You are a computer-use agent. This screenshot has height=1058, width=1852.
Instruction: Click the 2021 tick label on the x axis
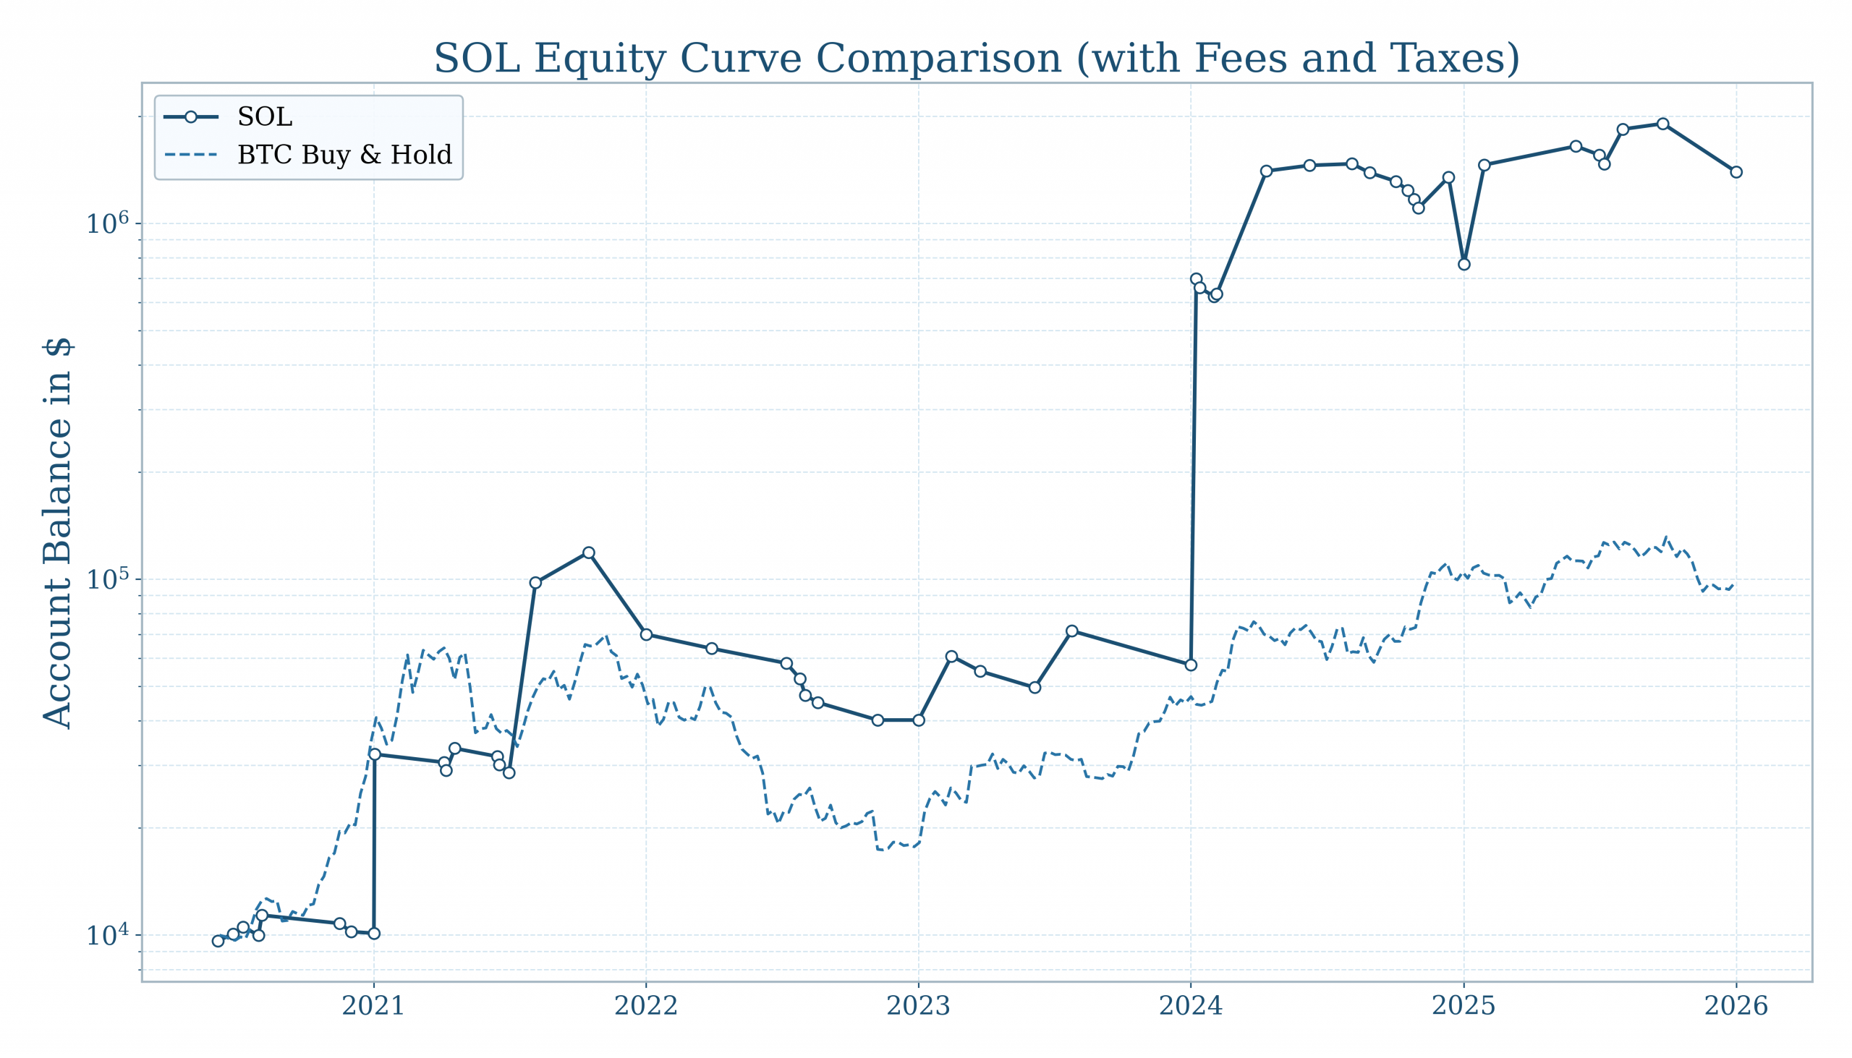(x=373, y=1007)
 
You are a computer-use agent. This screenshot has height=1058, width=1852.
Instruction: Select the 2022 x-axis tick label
(x=645, y=1007)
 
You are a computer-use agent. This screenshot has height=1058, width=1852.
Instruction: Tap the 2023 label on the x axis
(x=918, y=1007)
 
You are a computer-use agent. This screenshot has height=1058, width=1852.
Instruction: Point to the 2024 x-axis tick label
(x=1191, y=1007)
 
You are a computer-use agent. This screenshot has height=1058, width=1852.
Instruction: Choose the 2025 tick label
(x=1463, y=1007)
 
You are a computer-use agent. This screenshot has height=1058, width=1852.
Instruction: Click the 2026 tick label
(x=1736, y=1007)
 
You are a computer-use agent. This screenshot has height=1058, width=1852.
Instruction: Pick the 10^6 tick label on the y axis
(x=108, y=222)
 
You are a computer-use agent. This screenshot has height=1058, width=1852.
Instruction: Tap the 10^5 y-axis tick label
(x=108, y=579)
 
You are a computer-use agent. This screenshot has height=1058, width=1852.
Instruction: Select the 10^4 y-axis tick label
(x=108, y=934)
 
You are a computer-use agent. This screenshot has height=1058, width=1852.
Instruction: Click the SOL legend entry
(x=265, y=117)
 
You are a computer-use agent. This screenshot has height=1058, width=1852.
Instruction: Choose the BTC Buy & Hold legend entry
(x=344, y=155)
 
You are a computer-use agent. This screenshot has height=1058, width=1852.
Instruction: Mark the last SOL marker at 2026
(x=1736, y=172)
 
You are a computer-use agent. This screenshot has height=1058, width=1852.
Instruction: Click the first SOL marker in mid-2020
(x=218, y=941)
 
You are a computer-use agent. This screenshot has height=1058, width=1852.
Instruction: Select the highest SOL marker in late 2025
(x=1662, y=124)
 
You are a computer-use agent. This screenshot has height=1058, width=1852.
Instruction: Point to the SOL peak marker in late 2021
(x=589, y=553)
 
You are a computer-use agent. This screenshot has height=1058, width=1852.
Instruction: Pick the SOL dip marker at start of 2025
(x=1464, y=265)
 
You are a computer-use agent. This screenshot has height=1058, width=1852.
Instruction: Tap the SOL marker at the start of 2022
(x=646, y=634)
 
